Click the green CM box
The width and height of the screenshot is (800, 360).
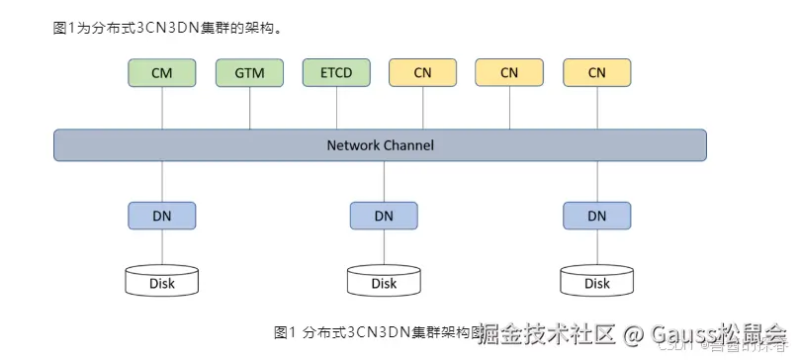point(162,72)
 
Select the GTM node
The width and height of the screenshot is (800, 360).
point(249,72)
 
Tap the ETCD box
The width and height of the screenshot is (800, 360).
point(336,72)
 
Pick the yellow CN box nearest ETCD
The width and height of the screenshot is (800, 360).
point(422,72)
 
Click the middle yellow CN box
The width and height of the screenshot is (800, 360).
point(509,72)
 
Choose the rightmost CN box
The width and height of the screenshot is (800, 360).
point(596,72)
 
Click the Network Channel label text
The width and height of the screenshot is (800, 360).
point(380,145)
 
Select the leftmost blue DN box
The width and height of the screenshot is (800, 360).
point(162,216)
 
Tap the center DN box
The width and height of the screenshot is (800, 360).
point(384,216)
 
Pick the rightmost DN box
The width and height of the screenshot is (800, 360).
point(597,216)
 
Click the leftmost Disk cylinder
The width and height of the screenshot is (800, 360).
point(162,282)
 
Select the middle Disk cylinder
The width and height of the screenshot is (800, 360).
point(384,282)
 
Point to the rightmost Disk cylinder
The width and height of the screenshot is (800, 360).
point(597,282)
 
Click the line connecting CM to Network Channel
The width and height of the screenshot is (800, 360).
point(162,108)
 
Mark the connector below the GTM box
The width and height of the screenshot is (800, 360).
point(249,108)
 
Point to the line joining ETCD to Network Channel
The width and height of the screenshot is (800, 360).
point(336,108)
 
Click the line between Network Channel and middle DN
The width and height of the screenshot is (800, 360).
point(384,181)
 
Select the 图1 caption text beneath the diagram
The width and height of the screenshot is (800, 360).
point(285,331)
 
